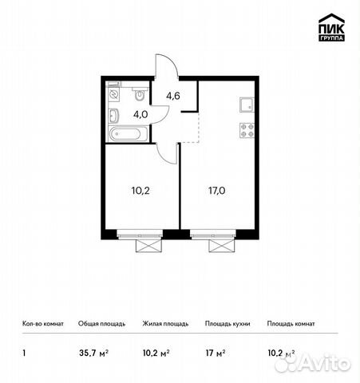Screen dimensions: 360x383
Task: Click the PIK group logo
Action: (x=331, y=27)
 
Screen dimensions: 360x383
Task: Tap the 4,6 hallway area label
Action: (x=173, y=96)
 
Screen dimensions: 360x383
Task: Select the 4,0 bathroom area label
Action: (x=140, y=114)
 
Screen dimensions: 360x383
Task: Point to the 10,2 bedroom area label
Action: (x=140, y=191)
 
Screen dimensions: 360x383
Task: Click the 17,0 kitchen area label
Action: (x=217, y=191)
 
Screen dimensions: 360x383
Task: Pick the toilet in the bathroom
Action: (x=140, y=94)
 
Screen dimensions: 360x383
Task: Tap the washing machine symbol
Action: (x=113, y=94)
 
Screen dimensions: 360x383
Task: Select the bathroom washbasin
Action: (x=113, y=116)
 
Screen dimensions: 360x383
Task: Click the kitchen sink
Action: (x=247, y=105)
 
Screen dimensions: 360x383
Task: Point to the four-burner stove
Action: (x=247, y=130)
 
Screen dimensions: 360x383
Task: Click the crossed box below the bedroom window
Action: (x=148, y=246)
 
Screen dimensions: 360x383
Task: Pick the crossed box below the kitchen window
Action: (x=222, y=246)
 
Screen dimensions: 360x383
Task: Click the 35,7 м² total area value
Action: (x=93, y=353)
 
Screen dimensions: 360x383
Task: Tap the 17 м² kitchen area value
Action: (x=216, y=353)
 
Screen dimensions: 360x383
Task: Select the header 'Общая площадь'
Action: (x=101, y=324)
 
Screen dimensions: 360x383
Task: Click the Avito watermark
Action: (x=313, y=362)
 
